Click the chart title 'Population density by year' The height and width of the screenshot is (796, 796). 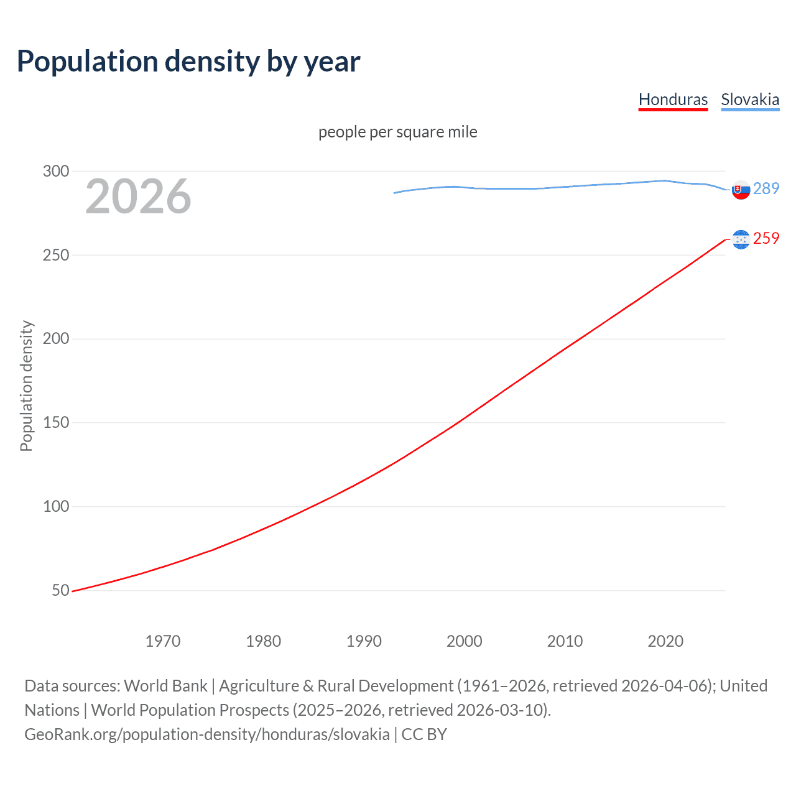(x=188, y=62)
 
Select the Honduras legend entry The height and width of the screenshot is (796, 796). (x=673, y=99)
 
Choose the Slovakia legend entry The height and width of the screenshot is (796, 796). (x=750, y=99)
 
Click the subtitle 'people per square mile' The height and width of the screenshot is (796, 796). (x=397, y=132)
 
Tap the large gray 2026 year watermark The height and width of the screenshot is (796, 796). (x=138, y=197)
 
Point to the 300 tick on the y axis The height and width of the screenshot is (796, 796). (x=56, y=171)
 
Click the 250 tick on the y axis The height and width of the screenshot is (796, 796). (x=56, y=255)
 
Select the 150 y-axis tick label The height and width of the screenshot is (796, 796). (x=56, y=423)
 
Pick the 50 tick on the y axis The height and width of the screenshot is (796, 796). (x=60, y=590)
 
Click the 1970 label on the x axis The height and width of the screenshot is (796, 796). (x=163, y=641)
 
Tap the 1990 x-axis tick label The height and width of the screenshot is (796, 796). (x=364, y=641)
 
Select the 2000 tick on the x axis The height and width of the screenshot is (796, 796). (x=465, y=641)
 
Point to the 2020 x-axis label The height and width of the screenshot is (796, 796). (x=665, y=641)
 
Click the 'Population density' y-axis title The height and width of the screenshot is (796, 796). (x=26, y=386)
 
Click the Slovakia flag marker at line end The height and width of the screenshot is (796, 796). (x=741, y=190)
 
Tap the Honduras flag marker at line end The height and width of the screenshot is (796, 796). (x=741, y=239)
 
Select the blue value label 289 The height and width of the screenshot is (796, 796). (x=766, y=188)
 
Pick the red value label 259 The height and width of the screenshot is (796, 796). (x=766, y=238)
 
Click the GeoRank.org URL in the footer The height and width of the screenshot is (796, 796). (x=207, y=734)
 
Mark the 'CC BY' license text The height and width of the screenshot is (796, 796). (x=424, y=734)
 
